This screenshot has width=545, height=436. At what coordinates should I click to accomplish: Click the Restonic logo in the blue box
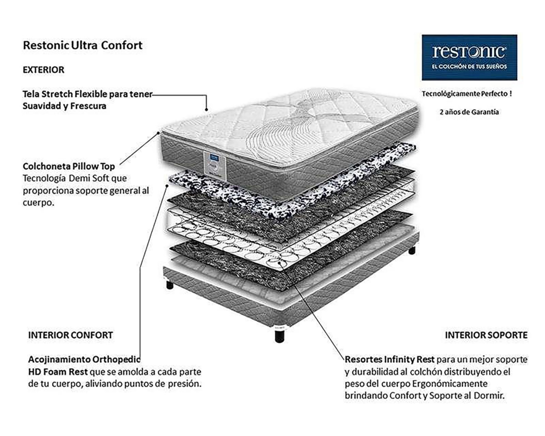469,52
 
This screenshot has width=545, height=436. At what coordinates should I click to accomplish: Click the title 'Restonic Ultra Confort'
83,45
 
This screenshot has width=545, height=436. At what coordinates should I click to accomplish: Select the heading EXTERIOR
44,70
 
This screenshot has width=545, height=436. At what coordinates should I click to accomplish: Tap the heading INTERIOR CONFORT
71,335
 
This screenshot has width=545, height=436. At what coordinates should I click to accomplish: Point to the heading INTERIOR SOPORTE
486,335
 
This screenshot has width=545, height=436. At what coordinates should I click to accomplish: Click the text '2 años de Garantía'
469,112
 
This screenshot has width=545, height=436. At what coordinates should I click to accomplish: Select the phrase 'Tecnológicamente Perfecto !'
467,94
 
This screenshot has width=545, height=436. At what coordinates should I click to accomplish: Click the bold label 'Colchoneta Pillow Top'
69,166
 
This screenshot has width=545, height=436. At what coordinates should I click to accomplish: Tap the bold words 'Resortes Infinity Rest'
390,359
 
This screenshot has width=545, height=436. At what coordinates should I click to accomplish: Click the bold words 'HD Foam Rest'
58,372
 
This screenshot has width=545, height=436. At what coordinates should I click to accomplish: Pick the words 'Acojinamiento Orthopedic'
84,359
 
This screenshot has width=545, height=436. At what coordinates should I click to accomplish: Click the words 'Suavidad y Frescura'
64,106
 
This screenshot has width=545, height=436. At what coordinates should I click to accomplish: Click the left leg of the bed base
170,285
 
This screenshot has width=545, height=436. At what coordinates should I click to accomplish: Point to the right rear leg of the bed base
412,250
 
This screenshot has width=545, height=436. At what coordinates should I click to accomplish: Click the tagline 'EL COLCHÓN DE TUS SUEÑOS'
469,66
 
